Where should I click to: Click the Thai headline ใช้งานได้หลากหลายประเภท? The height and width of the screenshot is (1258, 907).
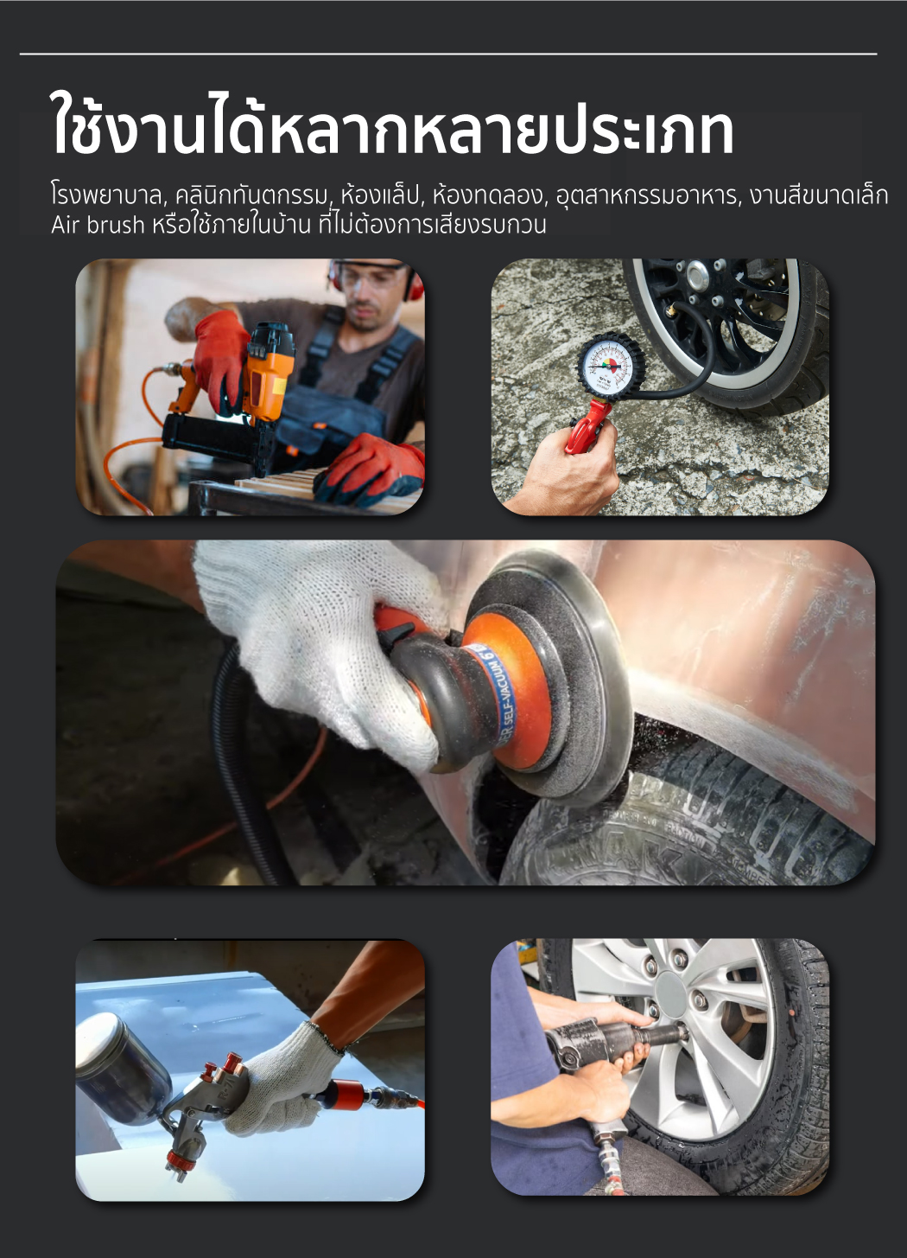click(x=392, y=125)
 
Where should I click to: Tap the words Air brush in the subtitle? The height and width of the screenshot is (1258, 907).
click(x=98, y=225)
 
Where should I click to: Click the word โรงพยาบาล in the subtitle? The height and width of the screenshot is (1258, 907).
click(x=106, y=196)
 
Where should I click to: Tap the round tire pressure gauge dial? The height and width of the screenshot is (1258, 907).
click(x=611, y=367)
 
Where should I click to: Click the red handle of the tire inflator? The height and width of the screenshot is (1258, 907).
click(x=586, y=424)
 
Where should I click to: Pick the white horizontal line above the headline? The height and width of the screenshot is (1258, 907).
click(x=448, y=54)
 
